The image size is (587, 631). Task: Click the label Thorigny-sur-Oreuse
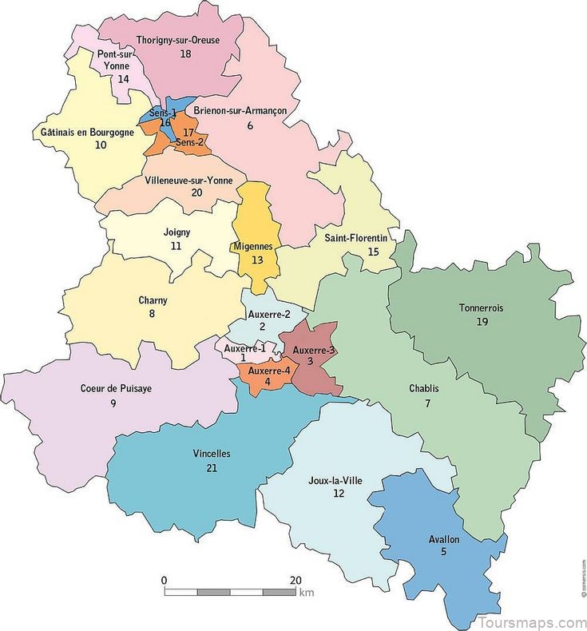click(177, 39)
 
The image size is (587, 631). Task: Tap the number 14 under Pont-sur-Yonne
click(123, 79)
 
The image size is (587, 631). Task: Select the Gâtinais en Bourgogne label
click(87, 132)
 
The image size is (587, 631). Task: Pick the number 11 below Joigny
click(176, 247)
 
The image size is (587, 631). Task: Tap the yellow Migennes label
click(253, 246)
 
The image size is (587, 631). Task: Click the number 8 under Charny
click(152, 314)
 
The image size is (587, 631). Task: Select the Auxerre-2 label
click(263, 313)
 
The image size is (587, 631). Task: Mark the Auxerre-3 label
click(314, 350)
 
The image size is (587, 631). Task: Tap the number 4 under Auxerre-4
click(268, 382)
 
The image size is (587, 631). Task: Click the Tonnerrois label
click(482, 308)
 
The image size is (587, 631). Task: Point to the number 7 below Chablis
click(428, 403)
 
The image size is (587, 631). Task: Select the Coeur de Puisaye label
click(117, 388)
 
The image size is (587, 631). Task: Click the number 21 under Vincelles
click(211, 467)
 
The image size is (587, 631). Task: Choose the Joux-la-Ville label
click(338, 481)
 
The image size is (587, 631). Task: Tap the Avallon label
click(444, 539)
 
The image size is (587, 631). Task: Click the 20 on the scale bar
click(295, 580)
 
